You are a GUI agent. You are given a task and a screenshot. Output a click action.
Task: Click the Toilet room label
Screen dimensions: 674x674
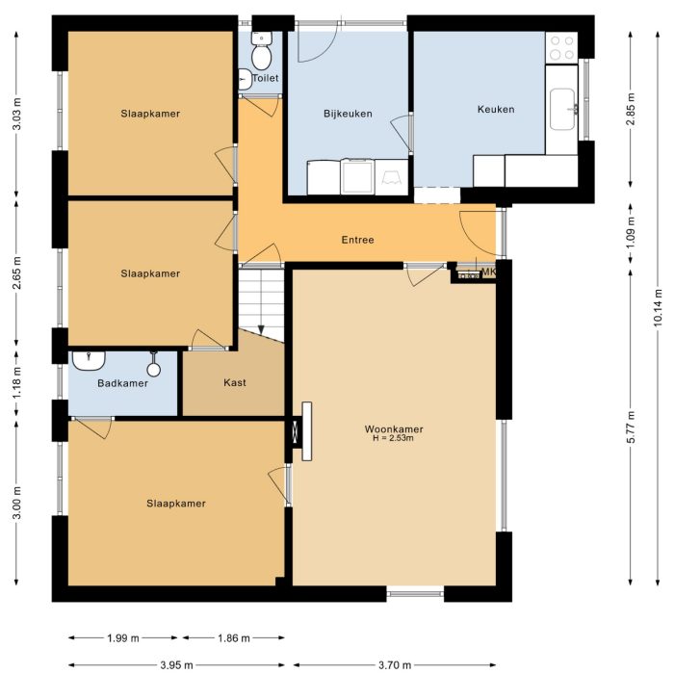(266, 78)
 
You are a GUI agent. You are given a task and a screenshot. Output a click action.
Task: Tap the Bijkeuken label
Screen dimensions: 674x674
(348, 113)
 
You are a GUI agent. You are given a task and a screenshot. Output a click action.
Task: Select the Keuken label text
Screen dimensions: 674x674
(496, 109)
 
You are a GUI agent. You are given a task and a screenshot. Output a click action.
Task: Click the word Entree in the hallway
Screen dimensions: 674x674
(357, 240)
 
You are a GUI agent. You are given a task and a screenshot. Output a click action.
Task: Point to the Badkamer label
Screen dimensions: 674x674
(123, 383)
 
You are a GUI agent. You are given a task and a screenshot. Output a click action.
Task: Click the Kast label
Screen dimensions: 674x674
(234, 382)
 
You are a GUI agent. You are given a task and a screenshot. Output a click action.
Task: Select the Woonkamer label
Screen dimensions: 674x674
(394, 428)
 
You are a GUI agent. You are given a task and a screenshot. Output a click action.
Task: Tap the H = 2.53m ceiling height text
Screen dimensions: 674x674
(393, 439)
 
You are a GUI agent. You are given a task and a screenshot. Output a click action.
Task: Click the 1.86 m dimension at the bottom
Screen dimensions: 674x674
(233, 637)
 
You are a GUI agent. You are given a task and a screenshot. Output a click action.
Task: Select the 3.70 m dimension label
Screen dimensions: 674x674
(394, 664)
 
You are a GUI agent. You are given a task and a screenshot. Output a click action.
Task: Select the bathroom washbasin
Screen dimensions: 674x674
(89, 360)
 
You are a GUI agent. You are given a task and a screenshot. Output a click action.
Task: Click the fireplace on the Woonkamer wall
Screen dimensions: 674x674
(307, 431)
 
